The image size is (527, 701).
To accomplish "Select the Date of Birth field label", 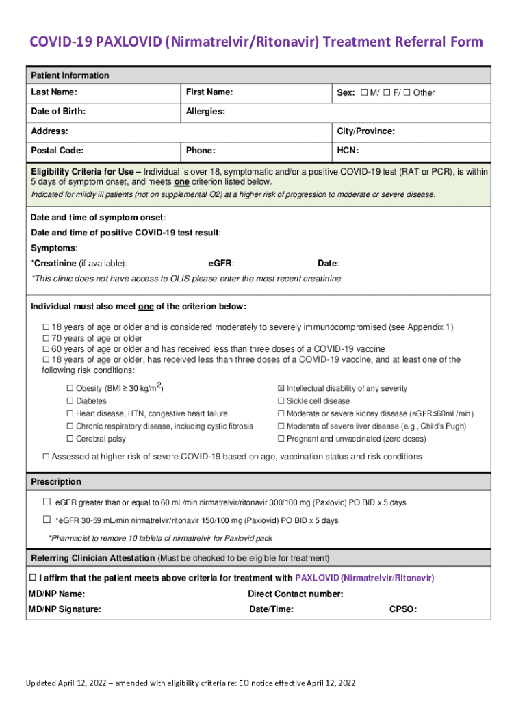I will [x=58, y=112].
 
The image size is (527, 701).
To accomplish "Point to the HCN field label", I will [x=348, y=150].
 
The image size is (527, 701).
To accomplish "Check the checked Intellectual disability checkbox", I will [x=281, y=389].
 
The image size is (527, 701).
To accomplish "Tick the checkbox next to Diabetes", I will [x=70, y=401].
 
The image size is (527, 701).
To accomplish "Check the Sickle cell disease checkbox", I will [x=281, y=401].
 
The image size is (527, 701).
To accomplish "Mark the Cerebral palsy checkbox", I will [x=70, y=439].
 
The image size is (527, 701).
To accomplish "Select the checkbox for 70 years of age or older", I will [x=47, y=338].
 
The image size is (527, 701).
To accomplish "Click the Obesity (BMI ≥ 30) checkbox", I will [x=70, y=389].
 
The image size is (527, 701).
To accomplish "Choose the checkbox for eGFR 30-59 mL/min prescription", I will [x=47, y=520].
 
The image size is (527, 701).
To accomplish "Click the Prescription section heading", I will [x=56, y=482].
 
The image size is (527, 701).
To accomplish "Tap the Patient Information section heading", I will [x=70, y=75].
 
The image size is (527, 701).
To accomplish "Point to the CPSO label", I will [x=402, y=609].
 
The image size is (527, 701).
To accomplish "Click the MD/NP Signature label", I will [x=64, y=609].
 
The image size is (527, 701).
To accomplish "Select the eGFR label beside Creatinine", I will [x=220, y=263].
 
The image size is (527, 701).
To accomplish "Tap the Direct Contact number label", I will [x=295, y=594].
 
